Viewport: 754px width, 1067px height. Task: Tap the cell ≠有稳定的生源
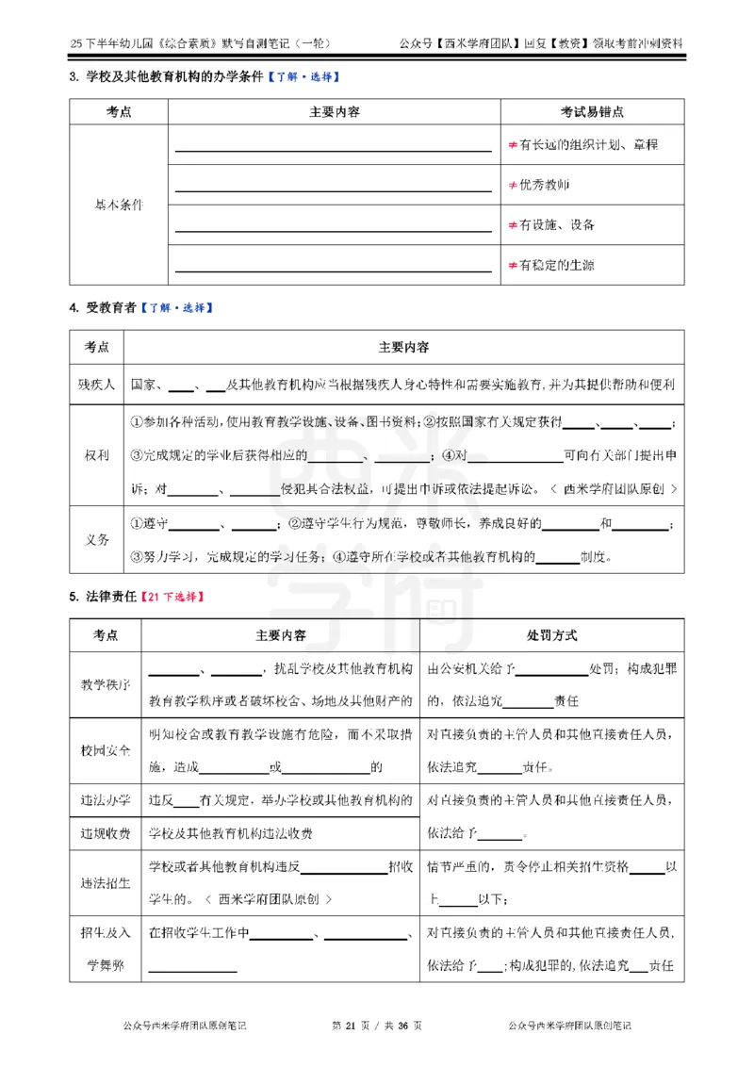[550, 265]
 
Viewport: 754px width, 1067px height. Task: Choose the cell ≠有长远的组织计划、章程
[582, 145]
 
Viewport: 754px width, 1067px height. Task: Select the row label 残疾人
[96, 385]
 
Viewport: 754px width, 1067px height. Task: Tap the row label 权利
[96, 455]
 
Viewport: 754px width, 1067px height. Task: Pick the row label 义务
[96, 540]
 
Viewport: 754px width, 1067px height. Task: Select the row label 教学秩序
[105, 684]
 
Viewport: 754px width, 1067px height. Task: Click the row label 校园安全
[105, 750]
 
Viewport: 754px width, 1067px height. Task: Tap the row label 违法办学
[105, 801]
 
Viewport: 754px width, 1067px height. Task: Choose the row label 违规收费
[105, 833]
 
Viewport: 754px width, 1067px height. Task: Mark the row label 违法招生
[105, 883]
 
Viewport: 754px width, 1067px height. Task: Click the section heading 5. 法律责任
[102, 597]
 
